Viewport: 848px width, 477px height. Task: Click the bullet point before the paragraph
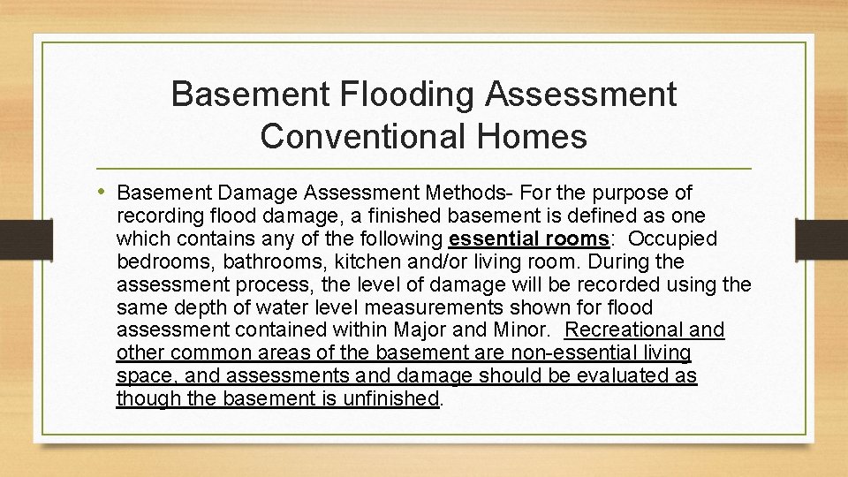point(106,193)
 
